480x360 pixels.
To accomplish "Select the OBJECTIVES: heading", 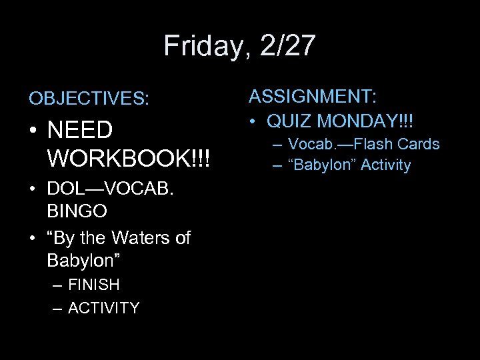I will click(x=89, y=99).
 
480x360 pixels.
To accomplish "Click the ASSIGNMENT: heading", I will click(x=313, y=97).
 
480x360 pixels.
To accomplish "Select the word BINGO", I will click(x=77, y=212).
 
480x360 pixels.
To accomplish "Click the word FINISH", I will click(x=93, y=285).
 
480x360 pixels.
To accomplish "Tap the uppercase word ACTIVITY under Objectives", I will click(x=103, y=308).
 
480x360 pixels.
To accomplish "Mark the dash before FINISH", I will click(x=57, y=285).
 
